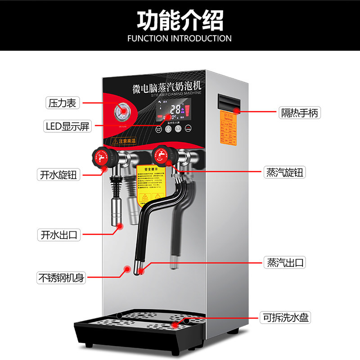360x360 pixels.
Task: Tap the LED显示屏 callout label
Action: tap(68, 126)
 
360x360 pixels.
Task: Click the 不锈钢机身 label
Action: tap(62, 278)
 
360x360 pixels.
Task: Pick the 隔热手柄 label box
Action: tap(300, 113)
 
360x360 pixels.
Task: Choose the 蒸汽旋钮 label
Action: tap(284, 172)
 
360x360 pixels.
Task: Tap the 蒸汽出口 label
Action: tap(284, 262)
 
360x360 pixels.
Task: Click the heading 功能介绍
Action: tap(180, 20)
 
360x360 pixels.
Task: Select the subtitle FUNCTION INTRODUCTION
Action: tap(180, 38)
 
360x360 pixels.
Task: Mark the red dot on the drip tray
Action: tap(175, 323)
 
